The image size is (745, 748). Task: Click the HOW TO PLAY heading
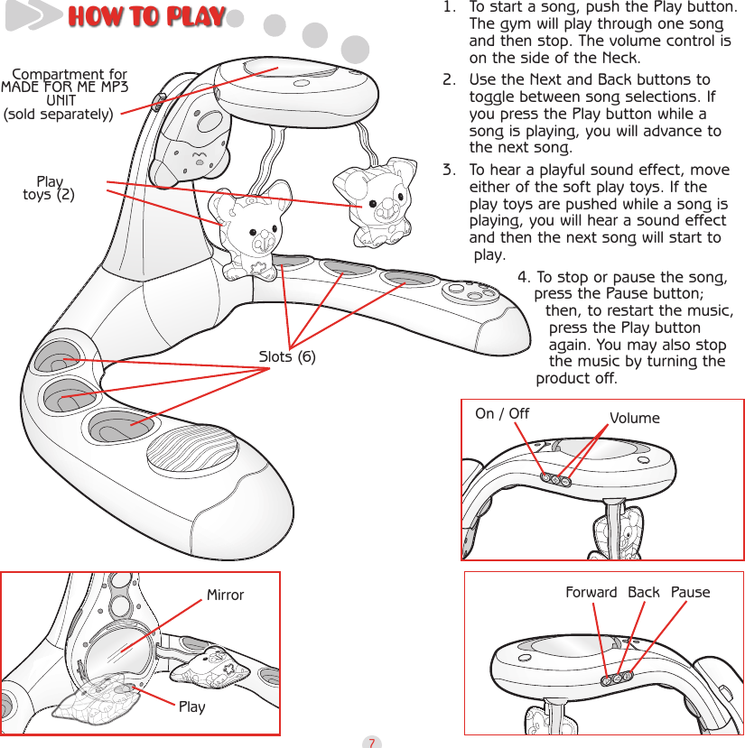[x=146, y=17]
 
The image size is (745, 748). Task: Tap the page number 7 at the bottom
[x=371, y=742]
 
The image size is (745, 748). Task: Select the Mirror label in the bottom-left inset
[x=225, y=595]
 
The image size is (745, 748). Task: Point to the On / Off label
[x=502, y=414]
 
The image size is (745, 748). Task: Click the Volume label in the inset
[x=634, y=419]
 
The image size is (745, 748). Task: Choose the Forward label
[x=591, y=593]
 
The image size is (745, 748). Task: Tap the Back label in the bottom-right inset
[x=643, y=593]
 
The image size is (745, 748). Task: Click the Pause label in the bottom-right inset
[x=690, y=593]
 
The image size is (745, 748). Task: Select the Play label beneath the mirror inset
[x=191, y=706]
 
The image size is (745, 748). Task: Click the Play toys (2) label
[x=49, y=189]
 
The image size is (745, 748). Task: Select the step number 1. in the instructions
[x=449, y=8]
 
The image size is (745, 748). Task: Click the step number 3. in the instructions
[x=449, y=171]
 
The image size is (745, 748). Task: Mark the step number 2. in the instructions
[x=449, y=80]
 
